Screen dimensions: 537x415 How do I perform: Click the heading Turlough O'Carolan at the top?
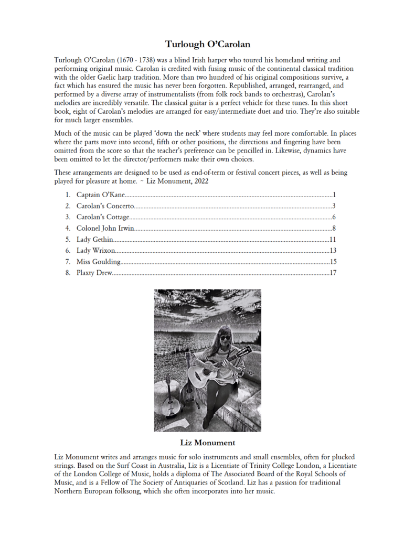pos(207,44)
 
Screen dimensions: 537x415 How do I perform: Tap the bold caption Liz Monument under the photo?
pos(207,443)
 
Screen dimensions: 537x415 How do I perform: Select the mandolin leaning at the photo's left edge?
pos(168,399)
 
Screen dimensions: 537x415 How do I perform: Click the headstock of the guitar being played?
pos(244,353)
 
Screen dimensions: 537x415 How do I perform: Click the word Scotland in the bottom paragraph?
pos(257,482)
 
